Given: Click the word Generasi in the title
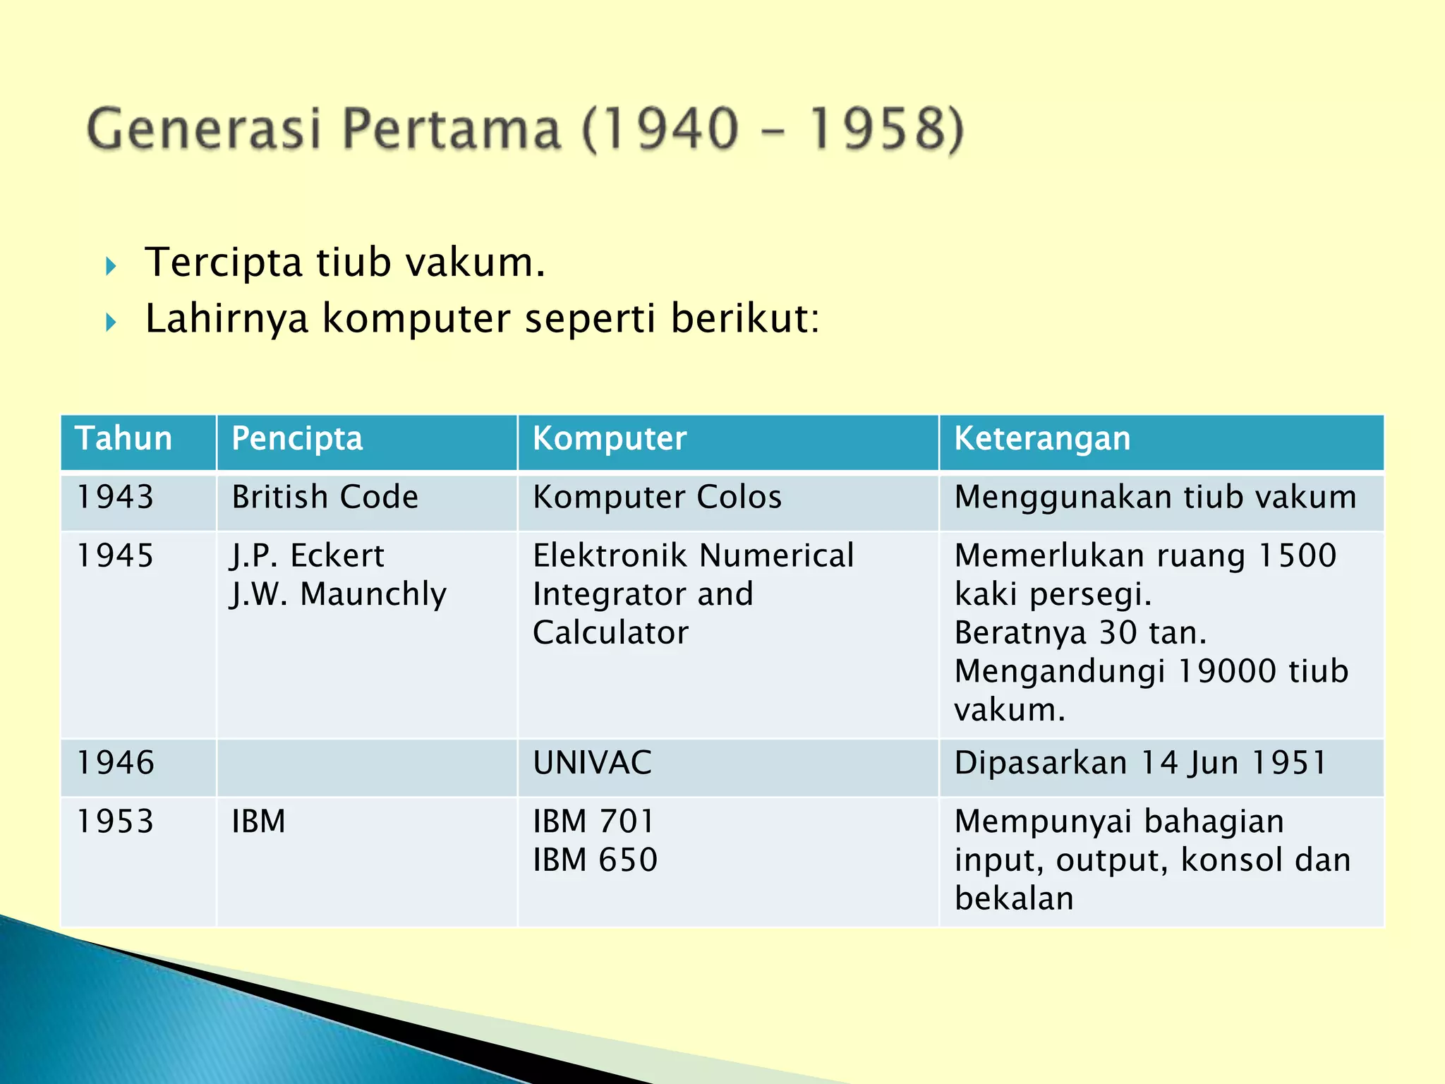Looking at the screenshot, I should click(x=205, y=130).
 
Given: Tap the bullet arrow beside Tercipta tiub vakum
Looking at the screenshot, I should click(x=111, y=267).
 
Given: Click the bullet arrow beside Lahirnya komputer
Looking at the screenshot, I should click(x=111, y=323).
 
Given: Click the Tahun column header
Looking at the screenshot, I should click(x=124, y=439).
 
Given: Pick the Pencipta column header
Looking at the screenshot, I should click(x=297, y=439).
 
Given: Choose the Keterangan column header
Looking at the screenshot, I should click(x=1042, y=439).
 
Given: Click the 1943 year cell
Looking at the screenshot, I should click(x=115, y=498).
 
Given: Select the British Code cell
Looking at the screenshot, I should click(x=325, y=498).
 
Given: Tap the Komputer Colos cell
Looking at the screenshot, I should click(x=657, y=498).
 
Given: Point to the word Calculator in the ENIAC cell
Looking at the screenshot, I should click(x=610, y=633).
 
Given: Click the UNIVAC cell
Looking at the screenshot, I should click(x=593, y=764).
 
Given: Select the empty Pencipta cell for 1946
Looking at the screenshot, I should click(x=367, y=768).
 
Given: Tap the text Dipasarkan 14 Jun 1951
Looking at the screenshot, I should click(x=1141, y=764).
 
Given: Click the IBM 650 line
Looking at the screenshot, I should click(x=595, y=860).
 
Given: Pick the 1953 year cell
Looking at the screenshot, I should click(x=115, y=822).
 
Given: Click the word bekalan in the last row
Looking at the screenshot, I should click(x=1014, y=899).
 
